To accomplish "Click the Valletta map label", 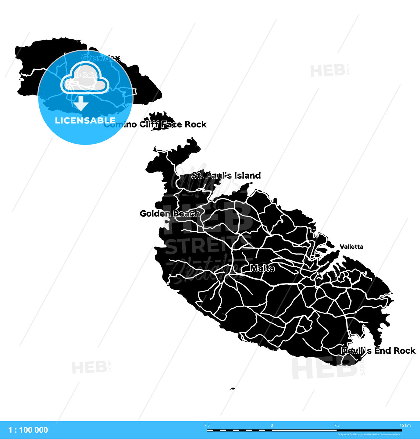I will coord(351,247).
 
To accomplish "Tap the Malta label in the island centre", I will coord(262,268).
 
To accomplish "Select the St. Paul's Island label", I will coord(226,176).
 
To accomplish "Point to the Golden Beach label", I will coord(170,213).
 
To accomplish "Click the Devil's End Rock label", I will coord(378,351).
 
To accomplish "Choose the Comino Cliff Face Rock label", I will coord(155,124).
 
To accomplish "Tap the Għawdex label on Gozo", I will coord(101,58).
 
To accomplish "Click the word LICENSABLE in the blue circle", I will coord(85,120).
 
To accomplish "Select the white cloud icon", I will coord(85,78).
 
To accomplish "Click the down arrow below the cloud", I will coord(80,104).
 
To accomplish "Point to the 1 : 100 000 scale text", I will coord(28,430).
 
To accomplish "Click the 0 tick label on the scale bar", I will coord(272,425).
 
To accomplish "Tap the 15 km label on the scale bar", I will coord(405,425).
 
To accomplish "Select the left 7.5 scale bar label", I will coord(207,425).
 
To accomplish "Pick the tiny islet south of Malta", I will coord(233,389).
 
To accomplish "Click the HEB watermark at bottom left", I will coord(89,367).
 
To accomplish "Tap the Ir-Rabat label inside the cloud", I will coord(87,75).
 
